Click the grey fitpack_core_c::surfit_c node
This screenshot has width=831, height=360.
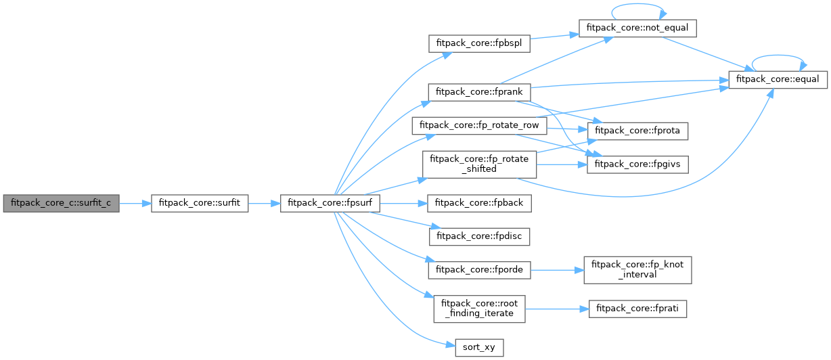pos(61,202)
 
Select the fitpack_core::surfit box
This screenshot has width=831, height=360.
pos(200,202)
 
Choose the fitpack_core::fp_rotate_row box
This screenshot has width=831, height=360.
pos(479,125)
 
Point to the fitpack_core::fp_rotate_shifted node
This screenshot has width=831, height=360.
pos(479,164)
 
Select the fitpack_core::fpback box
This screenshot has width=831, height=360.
pos(479,202)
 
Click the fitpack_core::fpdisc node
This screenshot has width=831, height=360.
pos(479,236)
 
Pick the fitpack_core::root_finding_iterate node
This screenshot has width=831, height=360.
pos(479,309)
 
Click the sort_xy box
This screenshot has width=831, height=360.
pos(479,347)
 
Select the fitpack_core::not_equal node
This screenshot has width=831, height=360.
pos(637,28)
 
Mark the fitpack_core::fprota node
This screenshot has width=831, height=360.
pos(637,130)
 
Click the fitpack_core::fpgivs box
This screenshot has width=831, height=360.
pos(637,164)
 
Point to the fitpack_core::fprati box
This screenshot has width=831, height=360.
pos(637,309)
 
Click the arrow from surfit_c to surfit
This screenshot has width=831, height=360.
pos(135,202)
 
